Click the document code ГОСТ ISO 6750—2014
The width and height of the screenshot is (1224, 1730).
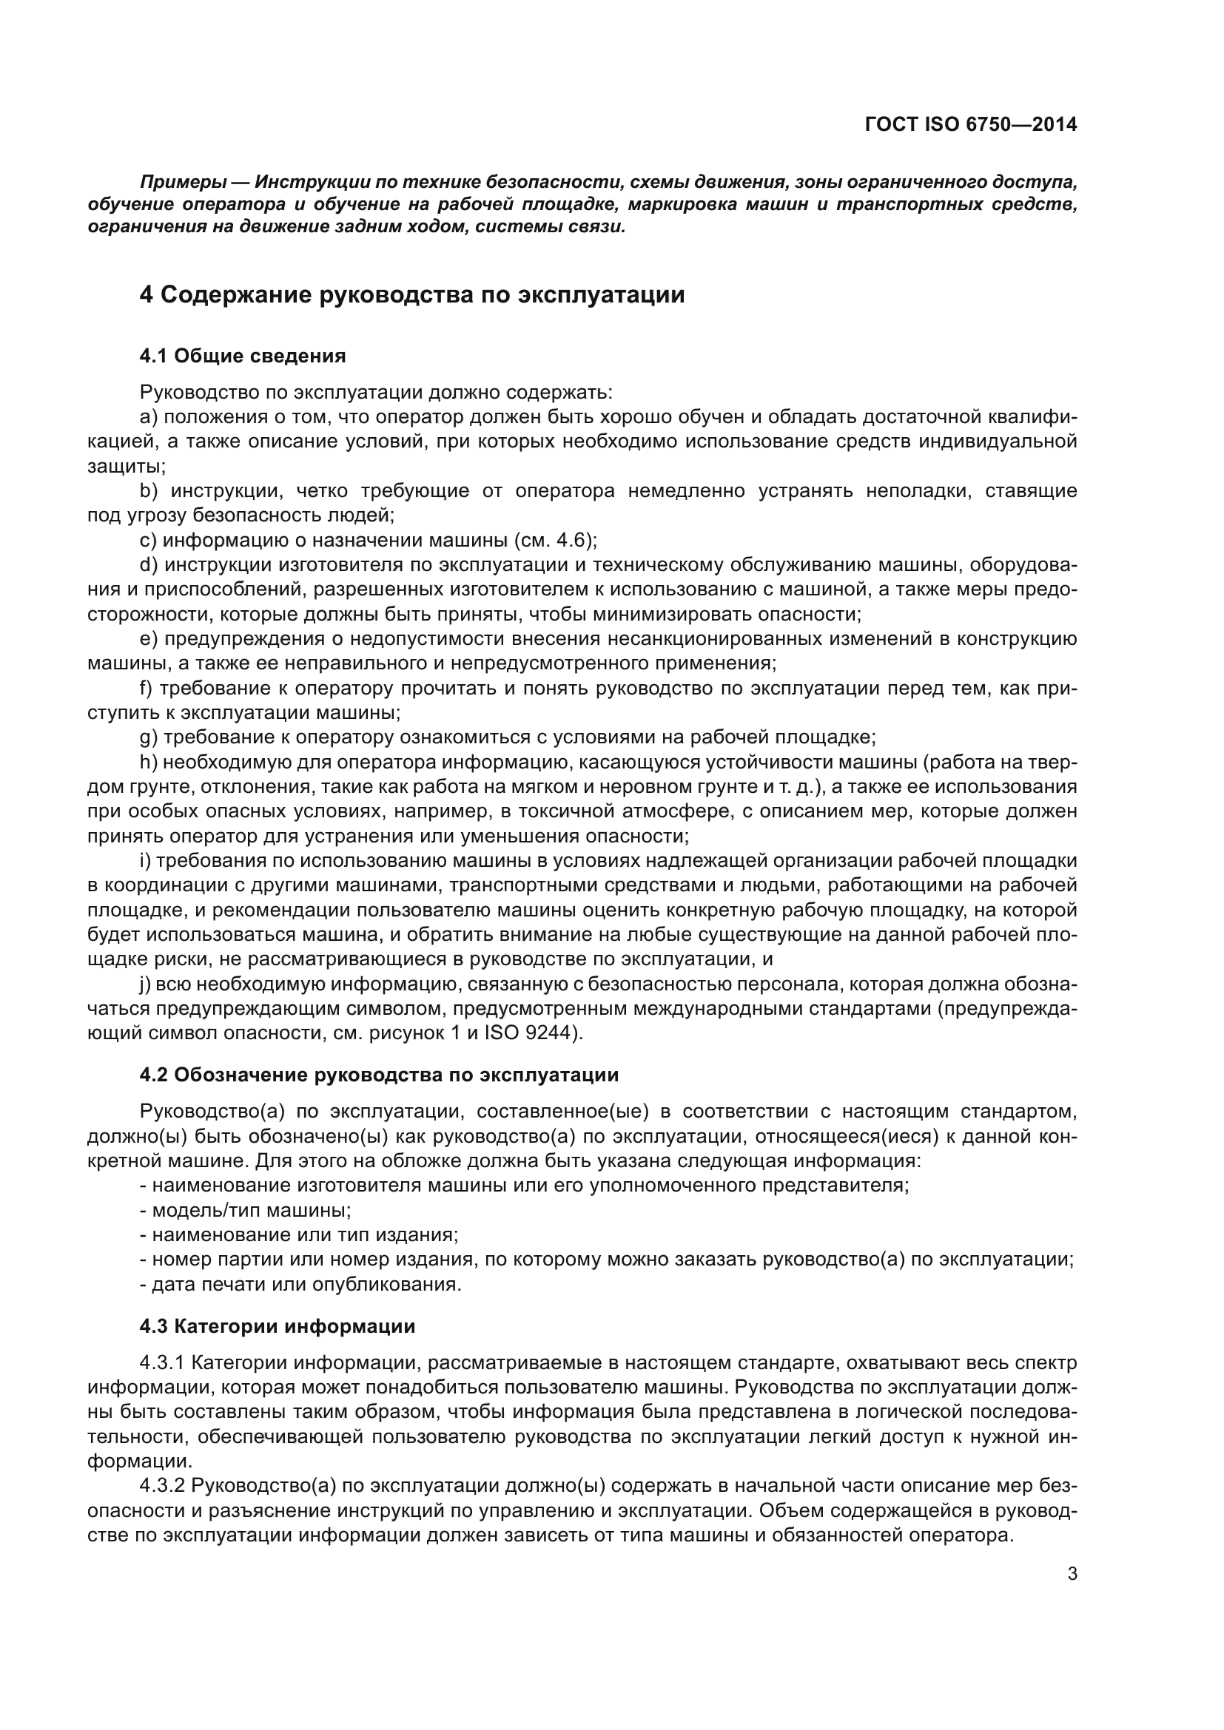click(x=971, y=124)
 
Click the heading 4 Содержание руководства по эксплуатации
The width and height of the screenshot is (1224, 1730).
click(x=411, y=294)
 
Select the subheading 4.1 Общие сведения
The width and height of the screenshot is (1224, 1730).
click(x=242, y=357)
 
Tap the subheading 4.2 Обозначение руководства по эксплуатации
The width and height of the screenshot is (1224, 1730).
click(x=378, y=1075)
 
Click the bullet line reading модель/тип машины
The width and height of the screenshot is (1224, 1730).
click(x=245, y=1211)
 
